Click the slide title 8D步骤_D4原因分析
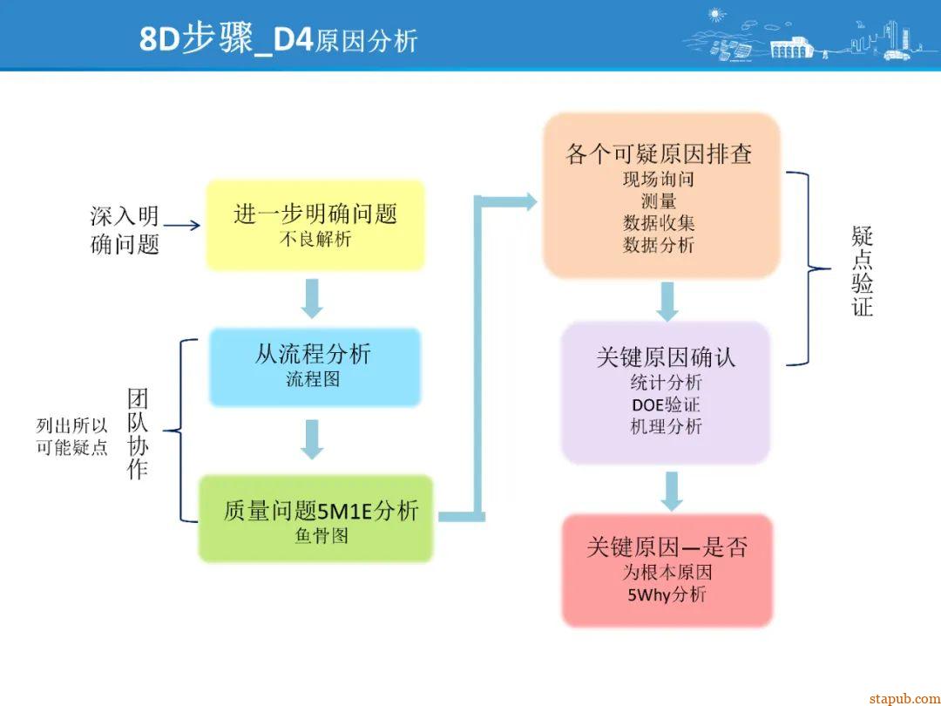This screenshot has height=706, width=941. click(279, 39)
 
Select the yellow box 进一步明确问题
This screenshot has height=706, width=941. click(315, 225)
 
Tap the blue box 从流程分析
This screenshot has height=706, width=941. click(314, 366)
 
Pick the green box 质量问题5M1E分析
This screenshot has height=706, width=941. click(316, 519)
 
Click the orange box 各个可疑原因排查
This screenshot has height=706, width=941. click(660, 196)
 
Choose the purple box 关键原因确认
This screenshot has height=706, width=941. click(666, 391)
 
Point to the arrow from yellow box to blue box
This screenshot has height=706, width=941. click(312, 298)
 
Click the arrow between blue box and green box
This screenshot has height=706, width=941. click(312, 439)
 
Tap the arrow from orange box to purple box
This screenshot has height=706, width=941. click(667, 301)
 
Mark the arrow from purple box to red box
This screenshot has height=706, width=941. click(670, 490)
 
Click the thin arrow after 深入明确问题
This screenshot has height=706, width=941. click(182, 226)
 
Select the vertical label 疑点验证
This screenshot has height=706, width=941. click(862, 271)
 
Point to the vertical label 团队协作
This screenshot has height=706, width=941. click(138, 434)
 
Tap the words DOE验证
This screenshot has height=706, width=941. click(666, 405)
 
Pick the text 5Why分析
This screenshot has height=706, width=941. click(667, 595)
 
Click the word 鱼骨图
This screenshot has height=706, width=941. click(322, 536)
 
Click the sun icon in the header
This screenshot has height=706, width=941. click(716, 14)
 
